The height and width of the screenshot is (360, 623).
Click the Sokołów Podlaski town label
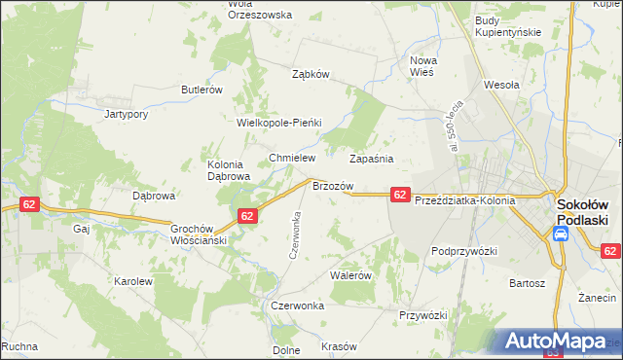(582, 212)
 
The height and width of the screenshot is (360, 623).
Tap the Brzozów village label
(332, 185)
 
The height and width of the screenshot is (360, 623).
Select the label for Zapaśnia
(371, 158)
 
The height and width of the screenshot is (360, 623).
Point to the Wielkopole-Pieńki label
(278, 124)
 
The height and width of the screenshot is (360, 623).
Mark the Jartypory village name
(126, 114)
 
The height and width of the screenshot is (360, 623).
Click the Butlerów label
(202, 90)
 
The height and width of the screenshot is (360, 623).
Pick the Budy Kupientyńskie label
(507, 27)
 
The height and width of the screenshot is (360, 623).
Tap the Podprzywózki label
(464, 251)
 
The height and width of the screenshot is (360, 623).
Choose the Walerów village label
(351, 275)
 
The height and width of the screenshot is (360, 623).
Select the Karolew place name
(133, 281)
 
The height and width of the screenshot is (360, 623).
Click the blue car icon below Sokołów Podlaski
(561, 234)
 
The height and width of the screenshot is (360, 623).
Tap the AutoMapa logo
(554, 342)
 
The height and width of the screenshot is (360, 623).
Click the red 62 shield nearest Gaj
(28, 204)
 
